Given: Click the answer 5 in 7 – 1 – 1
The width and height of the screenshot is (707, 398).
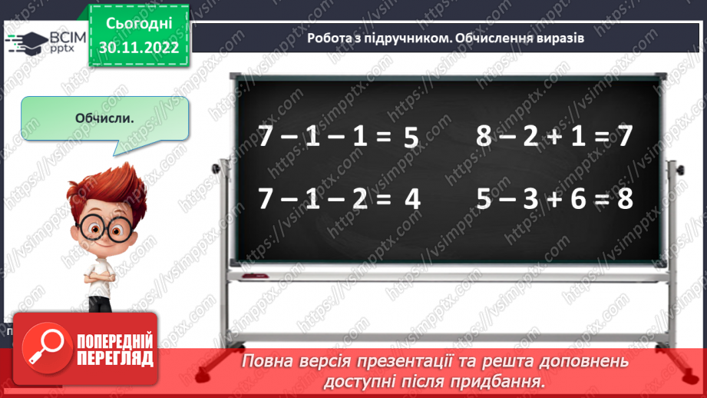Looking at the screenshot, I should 410,138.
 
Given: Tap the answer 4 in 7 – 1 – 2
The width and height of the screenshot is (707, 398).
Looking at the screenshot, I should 412,200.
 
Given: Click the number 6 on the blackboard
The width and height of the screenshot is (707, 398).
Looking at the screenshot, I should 574,200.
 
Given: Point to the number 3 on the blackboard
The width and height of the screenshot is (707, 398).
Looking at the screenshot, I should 529,200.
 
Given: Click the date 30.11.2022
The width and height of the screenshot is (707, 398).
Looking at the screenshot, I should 139,47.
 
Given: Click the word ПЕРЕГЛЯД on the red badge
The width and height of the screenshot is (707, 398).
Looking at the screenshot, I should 115,358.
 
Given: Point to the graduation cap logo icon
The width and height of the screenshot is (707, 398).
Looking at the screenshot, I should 31,39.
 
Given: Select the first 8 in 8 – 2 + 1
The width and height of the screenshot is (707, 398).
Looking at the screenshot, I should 483,137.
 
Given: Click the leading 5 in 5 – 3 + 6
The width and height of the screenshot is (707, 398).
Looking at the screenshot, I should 483,200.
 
